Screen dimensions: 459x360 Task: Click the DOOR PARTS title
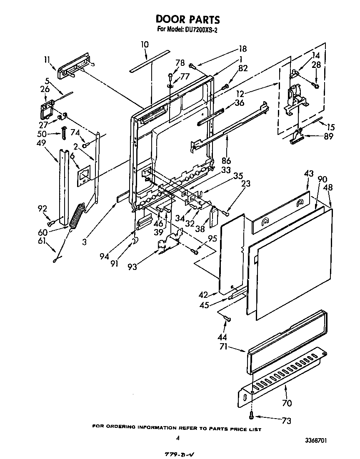(187, 19)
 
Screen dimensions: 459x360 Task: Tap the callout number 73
(286, 421)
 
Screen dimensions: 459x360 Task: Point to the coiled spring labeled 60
(77, 215)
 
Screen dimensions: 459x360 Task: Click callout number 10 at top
(145, 44)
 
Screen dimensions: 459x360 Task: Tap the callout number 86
(226, 160)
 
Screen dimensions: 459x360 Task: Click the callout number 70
(287, 403)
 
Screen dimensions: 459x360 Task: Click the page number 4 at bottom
(177, 439)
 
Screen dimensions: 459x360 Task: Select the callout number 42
(203, 294)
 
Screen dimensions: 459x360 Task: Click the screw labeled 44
(227, 319)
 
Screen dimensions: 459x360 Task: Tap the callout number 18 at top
(242, 48)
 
